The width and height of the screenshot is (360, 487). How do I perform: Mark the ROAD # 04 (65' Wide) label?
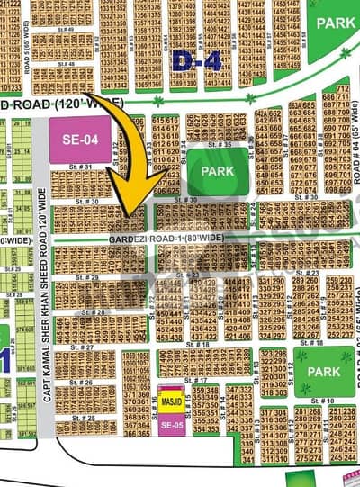point(355,161)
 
